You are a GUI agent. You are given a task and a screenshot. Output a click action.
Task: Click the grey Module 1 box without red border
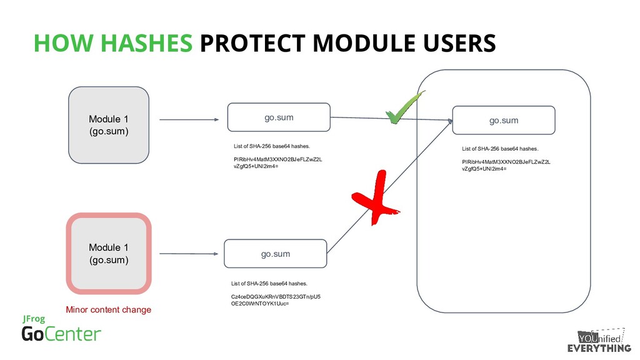coord(108,125)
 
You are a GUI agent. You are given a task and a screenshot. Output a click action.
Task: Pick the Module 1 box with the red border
coord(109,253)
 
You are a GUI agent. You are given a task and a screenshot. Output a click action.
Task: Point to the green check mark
coord(403,107)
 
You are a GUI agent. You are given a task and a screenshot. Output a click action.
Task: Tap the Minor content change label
coord(109,309)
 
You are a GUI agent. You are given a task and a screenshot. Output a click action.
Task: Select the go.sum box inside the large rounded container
coord(503,120)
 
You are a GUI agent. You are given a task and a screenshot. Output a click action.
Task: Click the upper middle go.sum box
coord(278,117)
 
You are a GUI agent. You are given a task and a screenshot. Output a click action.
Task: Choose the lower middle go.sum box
coord(275,254)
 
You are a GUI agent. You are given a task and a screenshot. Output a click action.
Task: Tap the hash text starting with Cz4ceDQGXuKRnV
coord(276,301)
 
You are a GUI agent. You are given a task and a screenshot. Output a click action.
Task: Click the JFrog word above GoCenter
coord(34,319)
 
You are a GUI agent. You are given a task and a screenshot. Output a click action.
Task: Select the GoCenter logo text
coord(61,334)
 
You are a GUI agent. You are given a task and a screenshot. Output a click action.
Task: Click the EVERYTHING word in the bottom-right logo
coord(599,348)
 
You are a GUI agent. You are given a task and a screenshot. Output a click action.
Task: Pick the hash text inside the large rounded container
coord(506,165)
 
